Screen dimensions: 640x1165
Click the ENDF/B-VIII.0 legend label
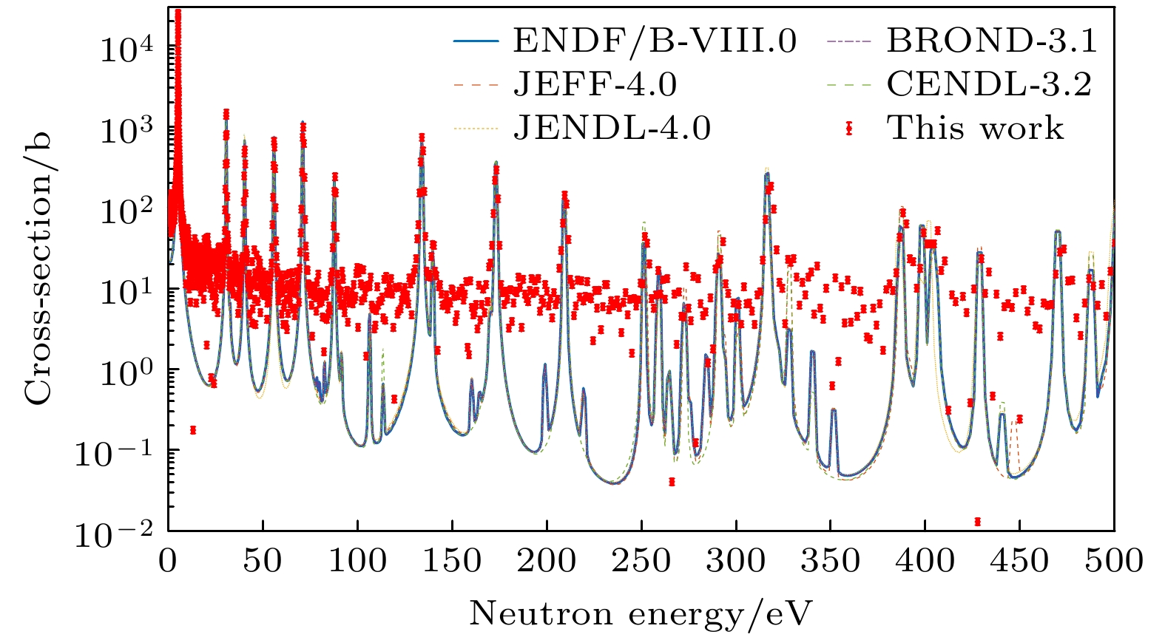point(655,41)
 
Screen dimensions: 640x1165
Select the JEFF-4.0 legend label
point(595,85)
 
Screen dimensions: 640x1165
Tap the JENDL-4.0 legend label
point(612,129)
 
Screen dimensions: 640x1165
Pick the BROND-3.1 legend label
point(992,41)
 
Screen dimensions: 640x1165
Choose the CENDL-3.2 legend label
point(989,85)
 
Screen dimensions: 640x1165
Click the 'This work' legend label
point(976,129)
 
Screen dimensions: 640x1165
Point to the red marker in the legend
point(848,129)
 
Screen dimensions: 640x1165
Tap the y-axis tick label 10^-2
point(115,533)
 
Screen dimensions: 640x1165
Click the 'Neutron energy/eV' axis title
point(641,613)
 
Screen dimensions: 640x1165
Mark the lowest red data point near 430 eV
point(978,521)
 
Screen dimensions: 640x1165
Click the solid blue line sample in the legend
point(476,41)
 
